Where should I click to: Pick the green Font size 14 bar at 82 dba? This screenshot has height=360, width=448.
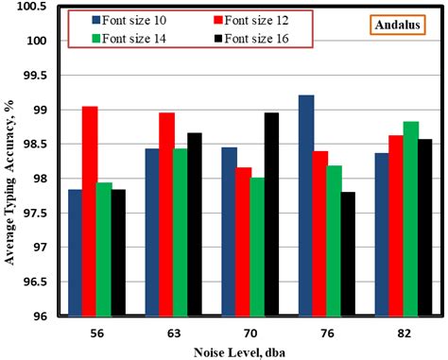click(410, 218)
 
